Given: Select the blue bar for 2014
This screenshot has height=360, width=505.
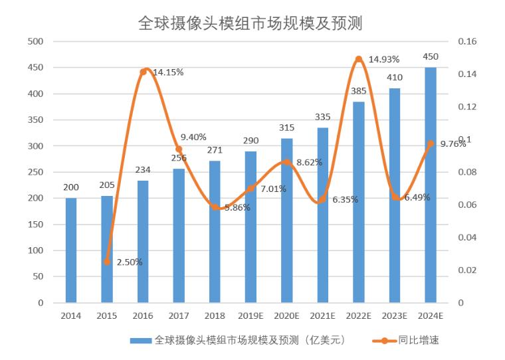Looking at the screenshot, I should pyautogui.click(x=71, y=250).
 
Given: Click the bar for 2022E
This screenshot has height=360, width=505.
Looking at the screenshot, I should pyautogui.click(x=358, y=202).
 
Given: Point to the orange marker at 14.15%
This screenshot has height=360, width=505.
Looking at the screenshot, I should pyautogui.click(x=143, y=72).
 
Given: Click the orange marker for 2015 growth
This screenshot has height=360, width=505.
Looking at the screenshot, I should pyautogui.click(x=107, y=262).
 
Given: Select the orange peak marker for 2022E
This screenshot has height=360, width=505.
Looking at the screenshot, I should pyautogui.click(x=358, y=59).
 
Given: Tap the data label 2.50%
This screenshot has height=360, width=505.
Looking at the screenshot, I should pyautogui.click(x=129, y=262).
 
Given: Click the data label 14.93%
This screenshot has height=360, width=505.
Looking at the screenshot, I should pyautogui.click(x=384, y=59).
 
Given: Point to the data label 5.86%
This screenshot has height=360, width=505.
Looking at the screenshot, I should pyautogui.click(x=237, y=207).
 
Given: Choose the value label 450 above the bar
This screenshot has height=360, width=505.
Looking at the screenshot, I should pyautogui.click(x=430, y=56).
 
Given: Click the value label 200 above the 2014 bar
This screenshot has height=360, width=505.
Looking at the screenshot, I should pyautogui.click(x=71, y=187).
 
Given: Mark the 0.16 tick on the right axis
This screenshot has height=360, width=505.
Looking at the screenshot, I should pyautogui.click(x=468, y=41).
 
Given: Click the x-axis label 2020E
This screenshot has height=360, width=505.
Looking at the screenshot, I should pyautogui.click(x=286, y=315).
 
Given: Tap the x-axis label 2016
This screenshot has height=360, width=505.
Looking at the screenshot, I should pyautogui.click(x=143, y=315).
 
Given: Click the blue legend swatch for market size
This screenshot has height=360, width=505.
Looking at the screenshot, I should pyautogui.click(x=140, y=340).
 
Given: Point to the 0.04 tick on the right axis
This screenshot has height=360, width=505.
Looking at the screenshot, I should pyautogui.click(x=468, y=237).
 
